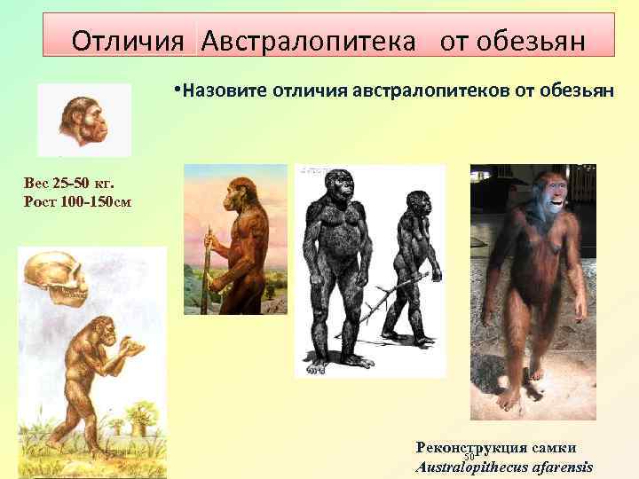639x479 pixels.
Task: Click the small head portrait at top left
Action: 84,119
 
